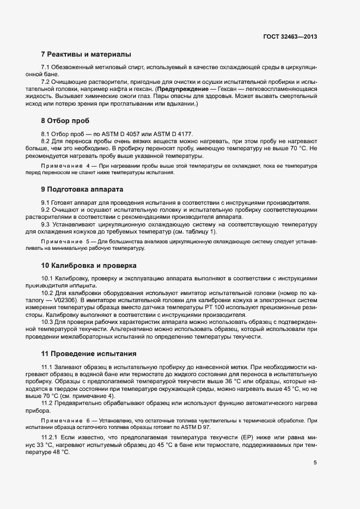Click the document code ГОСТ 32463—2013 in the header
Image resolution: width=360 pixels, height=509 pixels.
click(x=289, y=37)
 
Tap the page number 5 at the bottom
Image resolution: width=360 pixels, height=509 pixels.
click(x=315, y=463)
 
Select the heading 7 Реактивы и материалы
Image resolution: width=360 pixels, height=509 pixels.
click(x=86, y=54)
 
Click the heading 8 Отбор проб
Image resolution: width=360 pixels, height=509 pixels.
click(x=65, y=120)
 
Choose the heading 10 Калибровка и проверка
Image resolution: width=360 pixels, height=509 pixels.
click(x=89, y=266)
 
